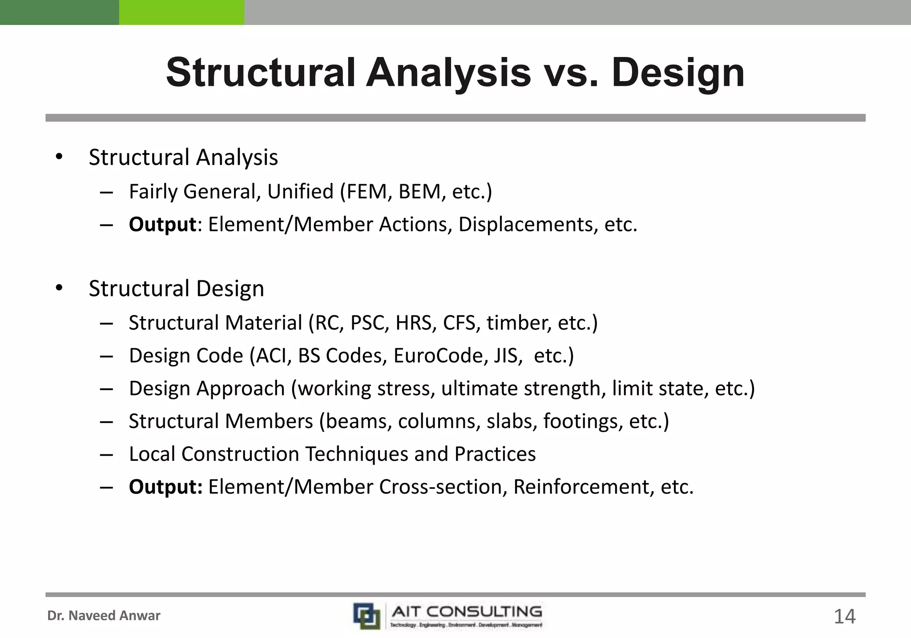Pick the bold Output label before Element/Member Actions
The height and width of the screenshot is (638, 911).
click(162, 225)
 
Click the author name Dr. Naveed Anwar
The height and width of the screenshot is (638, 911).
click(104, 616)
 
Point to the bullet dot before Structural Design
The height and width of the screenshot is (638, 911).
click(59, 288)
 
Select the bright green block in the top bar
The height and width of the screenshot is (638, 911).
click(181, 12)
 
